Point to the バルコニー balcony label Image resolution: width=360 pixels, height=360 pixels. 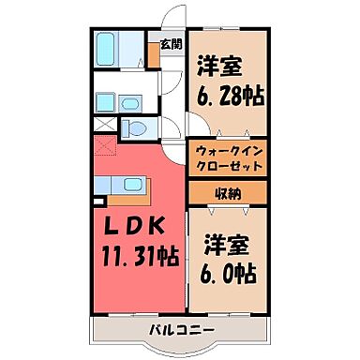(181, 328)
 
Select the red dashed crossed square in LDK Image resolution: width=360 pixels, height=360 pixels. (104, 145)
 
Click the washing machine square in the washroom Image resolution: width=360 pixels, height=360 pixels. (106, 97)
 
